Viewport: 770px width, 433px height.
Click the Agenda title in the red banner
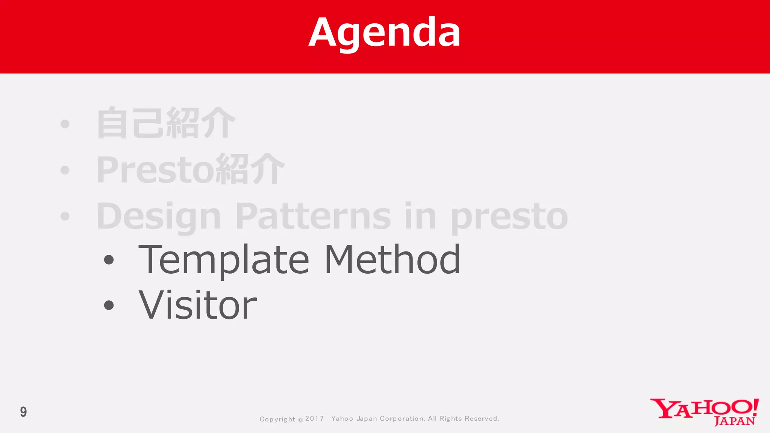coord(384,33)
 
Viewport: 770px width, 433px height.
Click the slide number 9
coord(23,412)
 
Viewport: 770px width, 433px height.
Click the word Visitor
coord(198,305)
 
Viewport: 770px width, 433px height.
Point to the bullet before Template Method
coord(109,260)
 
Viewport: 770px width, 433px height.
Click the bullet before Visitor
coord(109,305)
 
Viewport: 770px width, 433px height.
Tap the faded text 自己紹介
coord(166,123)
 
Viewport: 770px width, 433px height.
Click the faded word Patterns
coord(314,216)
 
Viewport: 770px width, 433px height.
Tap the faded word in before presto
coord(420,216)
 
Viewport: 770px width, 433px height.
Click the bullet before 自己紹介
coord(65,124)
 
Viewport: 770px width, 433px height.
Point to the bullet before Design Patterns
coord(65,216)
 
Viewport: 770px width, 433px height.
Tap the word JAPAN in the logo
coord(734,421)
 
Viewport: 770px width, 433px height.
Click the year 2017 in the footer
coord(314,419)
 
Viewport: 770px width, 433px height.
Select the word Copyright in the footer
coord(277,419)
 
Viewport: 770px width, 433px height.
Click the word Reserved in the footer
coord(481,419)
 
